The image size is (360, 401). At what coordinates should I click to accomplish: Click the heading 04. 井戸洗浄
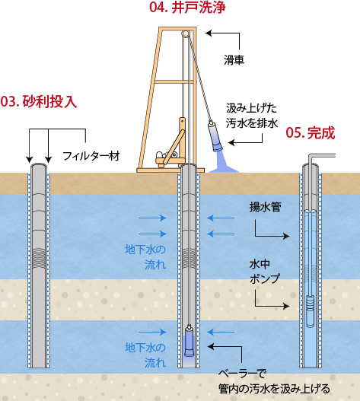(x=187, y=7)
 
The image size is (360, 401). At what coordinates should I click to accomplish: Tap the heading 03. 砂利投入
(x=39, y=101)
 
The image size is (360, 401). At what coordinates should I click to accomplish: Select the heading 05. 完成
(x=311, y=132)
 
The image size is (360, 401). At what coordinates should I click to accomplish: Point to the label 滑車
(x=234, y=60)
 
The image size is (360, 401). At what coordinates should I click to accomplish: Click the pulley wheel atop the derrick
(x=186, y=33)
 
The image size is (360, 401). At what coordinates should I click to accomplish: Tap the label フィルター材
(x=91, y=156)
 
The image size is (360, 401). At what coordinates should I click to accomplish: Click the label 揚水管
(x=266, y=207)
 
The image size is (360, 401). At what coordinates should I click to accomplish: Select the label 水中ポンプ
(x=265, y=272)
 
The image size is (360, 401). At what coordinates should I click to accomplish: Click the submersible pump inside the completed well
(x=310, y=311)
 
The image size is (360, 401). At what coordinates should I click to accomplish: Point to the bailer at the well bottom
(x=189, y=341)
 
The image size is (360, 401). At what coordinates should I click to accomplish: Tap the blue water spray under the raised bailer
(x=223, y=163)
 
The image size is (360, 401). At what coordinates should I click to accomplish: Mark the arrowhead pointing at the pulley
(x=209, y=33)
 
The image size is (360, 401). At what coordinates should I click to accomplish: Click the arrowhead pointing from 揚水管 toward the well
(x=286, y=236)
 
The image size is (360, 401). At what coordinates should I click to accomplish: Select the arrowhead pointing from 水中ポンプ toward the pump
(x=286, y=306)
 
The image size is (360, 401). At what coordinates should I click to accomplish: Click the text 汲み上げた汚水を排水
(x=251, y=116)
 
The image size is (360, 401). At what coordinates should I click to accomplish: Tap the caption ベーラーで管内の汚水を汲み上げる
(x=274, y=381)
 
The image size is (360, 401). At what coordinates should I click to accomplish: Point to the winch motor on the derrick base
(x=167, y=155)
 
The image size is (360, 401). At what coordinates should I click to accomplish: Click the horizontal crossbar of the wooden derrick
(x=174, y=81)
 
